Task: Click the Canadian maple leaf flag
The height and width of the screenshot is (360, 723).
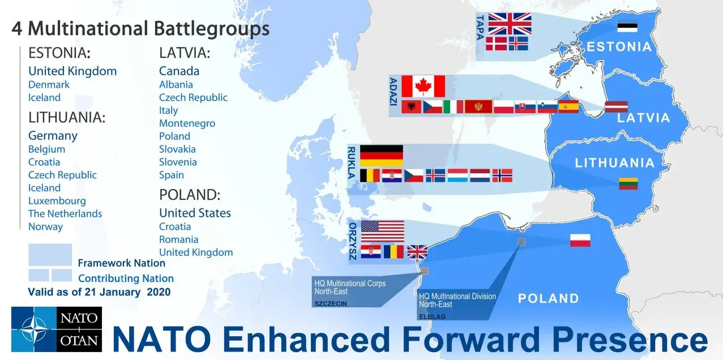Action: click(423, 86)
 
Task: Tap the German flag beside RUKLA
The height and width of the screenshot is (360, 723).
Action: click(382, 156)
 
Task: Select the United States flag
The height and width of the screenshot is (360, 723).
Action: click(383, 232)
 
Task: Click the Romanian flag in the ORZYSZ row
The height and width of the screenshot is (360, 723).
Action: click(393, 252)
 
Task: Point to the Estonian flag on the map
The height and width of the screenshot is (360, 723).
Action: click(627, 27)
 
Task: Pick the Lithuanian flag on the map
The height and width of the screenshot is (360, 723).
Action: click(628, 183)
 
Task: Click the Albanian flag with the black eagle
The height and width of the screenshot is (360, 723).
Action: click(411, 107)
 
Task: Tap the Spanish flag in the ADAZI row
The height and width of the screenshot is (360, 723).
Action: click(568, 107)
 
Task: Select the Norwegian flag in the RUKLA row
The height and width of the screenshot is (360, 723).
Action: click(502, 175)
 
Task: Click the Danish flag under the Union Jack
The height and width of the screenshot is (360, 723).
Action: click(496, 44)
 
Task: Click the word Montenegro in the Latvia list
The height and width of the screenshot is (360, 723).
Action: click(187, 123)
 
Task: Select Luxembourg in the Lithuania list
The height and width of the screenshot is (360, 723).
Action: click(57, 201)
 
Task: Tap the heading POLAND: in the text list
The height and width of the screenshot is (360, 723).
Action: click(190, 195)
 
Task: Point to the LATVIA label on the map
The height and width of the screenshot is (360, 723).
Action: click(644, 118)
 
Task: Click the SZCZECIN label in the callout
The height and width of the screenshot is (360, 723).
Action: click(331, 304)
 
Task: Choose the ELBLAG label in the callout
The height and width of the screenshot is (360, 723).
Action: click(432, 317)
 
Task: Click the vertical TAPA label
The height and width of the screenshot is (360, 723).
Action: click(480, 27)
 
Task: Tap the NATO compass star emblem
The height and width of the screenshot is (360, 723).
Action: click(34, 329)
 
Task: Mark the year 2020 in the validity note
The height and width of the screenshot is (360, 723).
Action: click(159, 292)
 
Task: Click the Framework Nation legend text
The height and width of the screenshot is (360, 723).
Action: click(121, 263)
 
